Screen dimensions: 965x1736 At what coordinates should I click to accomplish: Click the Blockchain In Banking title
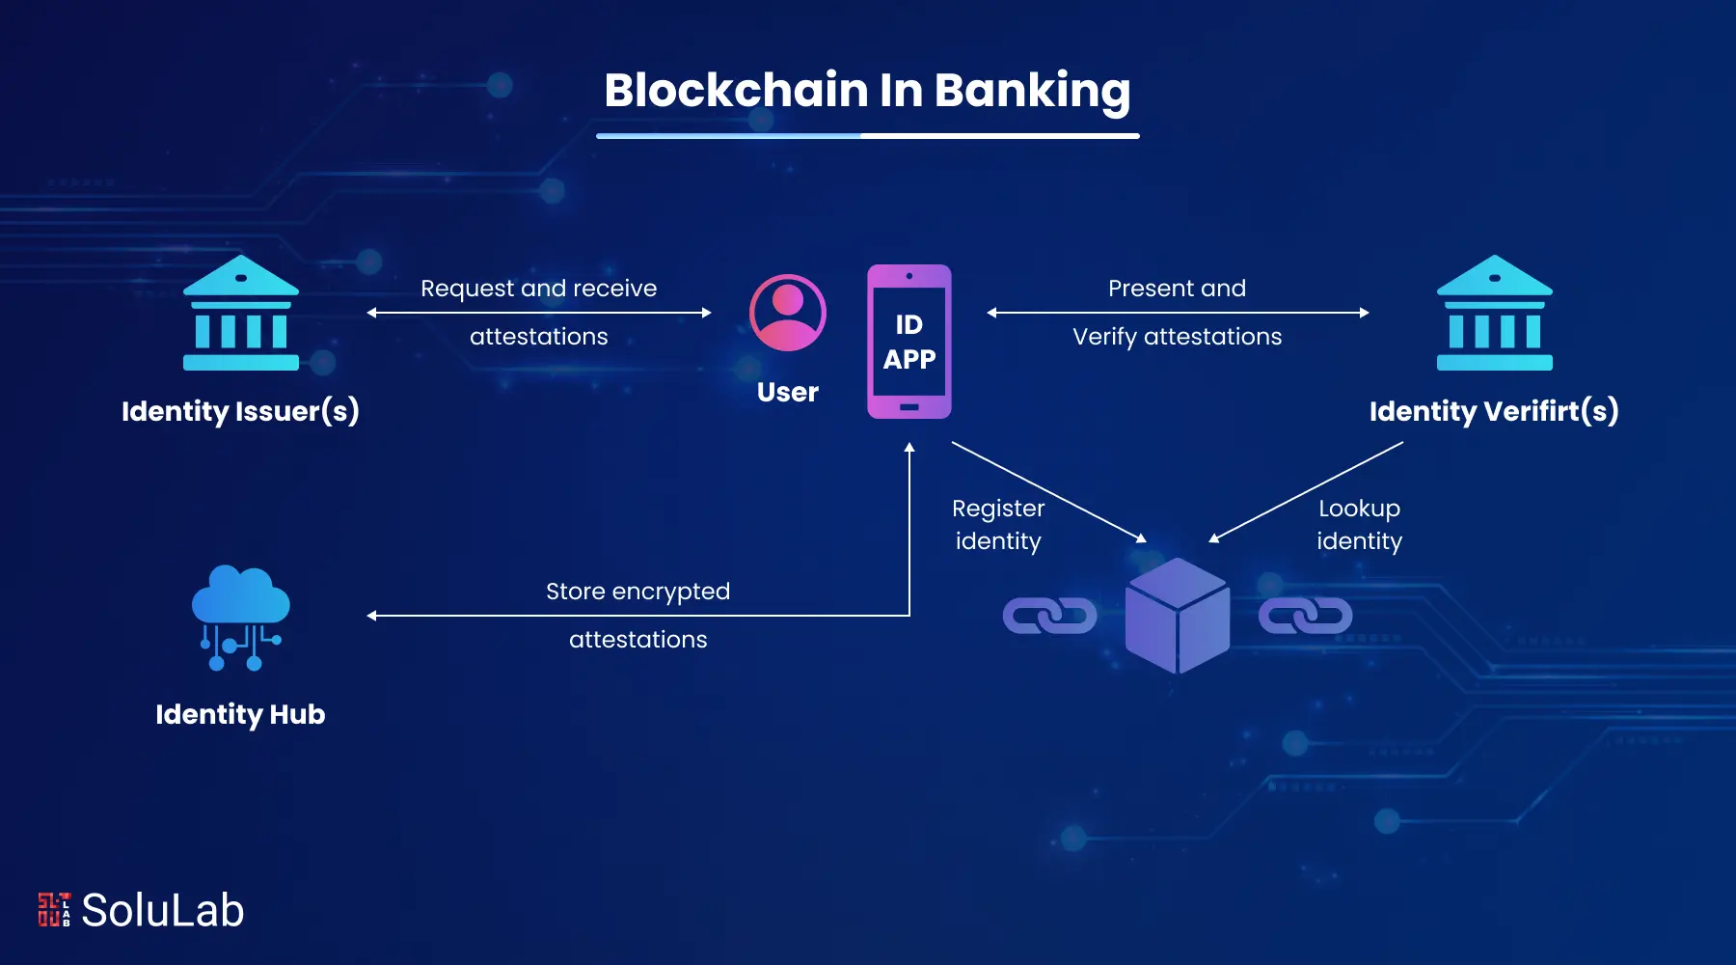point(867,91)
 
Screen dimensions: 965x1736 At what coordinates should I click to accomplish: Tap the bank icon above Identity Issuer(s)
point(241,314)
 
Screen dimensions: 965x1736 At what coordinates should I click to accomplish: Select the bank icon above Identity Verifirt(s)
point(1494,314)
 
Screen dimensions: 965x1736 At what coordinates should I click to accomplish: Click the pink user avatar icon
point(788,313)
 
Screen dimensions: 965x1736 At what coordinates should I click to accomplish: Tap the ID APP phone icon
point(909,342)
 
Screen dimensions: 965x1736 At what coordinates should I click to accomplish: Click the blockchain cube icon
point(1177,616)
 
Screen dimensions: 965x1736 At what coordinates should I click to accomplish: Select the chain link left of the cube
point(1049,616)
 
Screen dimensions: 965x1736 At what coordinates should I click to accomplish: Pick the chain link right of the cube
point(1305,616)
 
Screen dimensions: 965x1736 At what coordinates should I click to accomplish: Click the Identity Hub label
point(240,714)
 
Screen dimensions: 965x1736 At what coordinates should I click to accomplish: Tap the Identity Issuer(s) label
point(240,411)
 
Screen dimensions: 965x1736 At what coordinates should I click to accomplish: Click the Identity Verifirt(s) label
point(1494,411)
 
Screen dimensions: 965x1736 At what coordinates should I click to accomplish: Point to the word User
point(787,392)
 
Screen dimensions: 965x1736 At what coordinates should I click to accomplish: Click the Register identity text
point(998,524)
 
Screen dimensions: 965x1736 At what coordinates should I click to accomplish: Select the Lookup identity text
point(1359,524)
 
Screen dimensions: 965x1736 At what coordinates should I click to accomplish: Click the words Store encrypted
point(637,591)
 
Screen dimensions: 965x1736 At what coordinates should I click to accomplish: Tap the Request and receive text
point(538,289)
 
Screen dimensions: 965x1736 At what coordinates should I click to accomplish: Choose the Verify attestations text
point(1177,337)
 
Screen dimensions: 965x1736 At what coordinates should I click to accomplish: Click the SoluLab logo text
point(162,910)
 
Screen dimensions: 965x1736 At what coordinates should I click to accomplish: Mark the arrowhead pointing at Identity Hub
point(372,616)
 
